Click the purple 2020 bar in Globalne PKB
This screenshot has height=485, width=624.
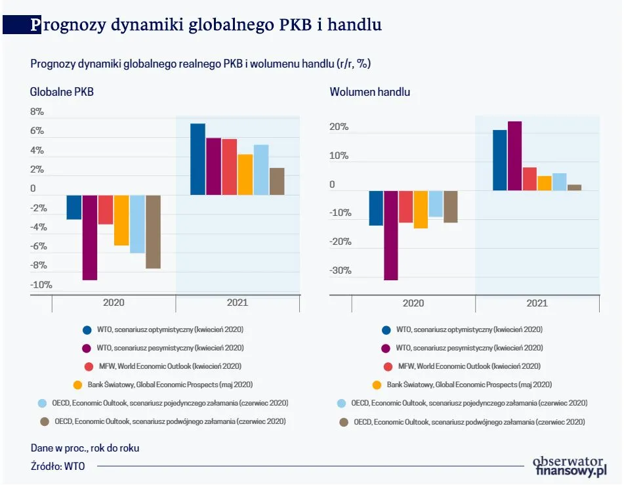(90, 238)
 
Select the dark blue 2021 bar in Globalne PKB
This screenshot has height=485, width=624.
(198, 159)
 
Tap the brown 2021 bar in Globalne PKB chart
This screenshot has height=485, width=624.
(277, 182)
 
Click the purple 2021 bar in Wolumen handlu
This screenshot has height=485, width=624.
(514, 156)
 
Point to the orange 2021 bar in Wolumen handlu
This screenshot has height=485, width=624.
(545, 183)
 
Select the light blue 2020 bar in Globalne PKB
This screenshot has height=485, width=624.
(137, 224)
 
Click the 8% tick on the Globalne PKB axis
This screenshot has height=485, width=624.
(37, 112)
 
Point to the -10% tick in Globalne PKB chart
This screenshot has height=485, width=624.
(41, 285)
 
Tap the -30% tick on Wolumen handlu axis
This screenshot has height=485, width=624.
(340, 271)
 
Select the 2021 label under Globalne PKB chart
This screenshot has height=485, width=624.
(238, 303)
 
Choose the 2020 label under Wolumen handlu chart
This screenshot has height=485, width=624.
(413, 303)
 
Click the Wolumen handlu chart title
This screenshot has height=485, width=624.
(369, 92)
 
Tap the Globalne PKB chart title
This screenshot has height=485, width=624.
(62, 92)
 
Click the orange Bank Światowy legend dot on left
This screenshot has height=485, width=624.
(77, 385)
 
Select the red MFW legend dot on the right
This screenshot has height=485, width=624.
(386, 366)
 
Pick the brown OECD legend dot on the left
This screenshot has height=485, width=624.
(45, 421)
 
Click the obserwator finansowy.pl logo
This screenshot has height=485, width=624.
(569, 465)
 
